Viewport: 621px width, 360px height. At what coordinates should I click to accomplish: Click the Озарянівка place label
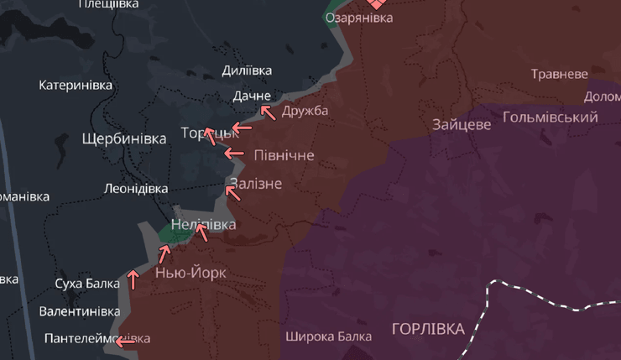(x=358, y=18)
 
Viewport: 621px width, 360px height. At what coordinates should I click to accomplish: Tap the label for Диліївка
(x=247, y=71)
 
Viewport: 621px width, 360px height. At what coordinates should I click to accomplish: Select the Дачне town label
(x=252, y=96)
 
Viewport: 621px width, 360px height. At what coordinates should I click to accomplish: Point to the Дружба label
(x=305, y=111)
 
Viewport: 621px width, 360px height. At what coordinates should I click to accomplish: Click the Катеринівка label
(x=76, y=85)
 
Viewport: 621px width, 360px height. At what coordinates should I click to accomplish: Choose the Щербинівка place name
(x=124, y=138)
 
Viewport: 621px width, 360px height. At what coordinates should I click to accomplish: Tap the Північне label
(x=284, y=155)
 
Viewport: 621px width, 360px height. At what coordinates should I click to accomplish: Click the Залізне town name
(x=255, y=184)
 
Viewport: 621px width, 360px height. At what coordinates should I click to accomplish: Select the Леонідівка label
(x=135, y=189)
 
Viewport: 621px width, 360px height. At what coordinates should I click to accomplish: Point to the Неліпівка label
(x=203, y=224)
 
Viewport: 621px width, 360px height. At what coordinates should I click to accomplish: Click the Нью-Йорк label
(x=190, y=273)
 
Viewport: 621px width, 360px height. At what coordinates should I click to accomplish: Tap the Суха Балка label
(x=87, y=284)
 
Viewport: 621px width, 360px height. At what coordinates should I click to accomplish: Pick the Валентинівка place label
(x=80, y=311)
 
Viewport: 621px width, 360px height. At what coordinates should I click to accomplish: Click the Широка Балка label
(x=328, y=337)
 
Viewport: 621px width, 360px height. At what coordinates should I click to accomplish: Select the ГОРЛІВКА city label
(x=427, y=328)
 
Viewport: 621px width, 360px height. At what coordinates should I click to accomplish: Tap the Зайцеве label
(x=462, y=125)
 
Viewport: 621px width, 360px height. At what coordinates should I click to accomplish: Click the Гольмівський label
(x=550, y=117)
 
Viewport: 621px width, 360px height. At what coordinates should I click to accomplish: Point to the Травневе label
(x=559, y=74)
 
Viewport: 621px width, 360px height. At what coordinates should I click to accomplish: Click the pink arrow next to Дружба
(x=268, y=111)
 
